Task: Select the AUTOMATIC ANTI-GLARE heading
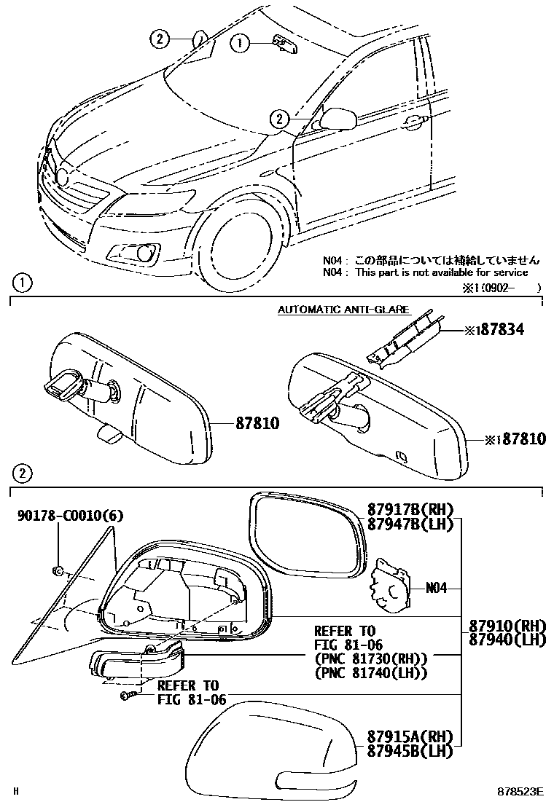(x=343, y=310)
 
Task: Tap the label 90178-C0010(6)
(x=71, y=516)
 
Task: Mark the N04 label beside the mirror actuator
(x=435, y=587)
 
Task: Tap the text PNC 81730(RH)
(x=370, y=658)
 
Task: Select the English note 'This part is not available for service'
(x=441, y=272)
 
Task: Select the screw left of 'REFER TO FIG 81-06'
(x=126, y=697)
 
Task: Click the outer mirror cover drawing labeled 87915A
(x=270, y=754)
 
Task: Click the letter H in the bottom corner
(x=17, y=790)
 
